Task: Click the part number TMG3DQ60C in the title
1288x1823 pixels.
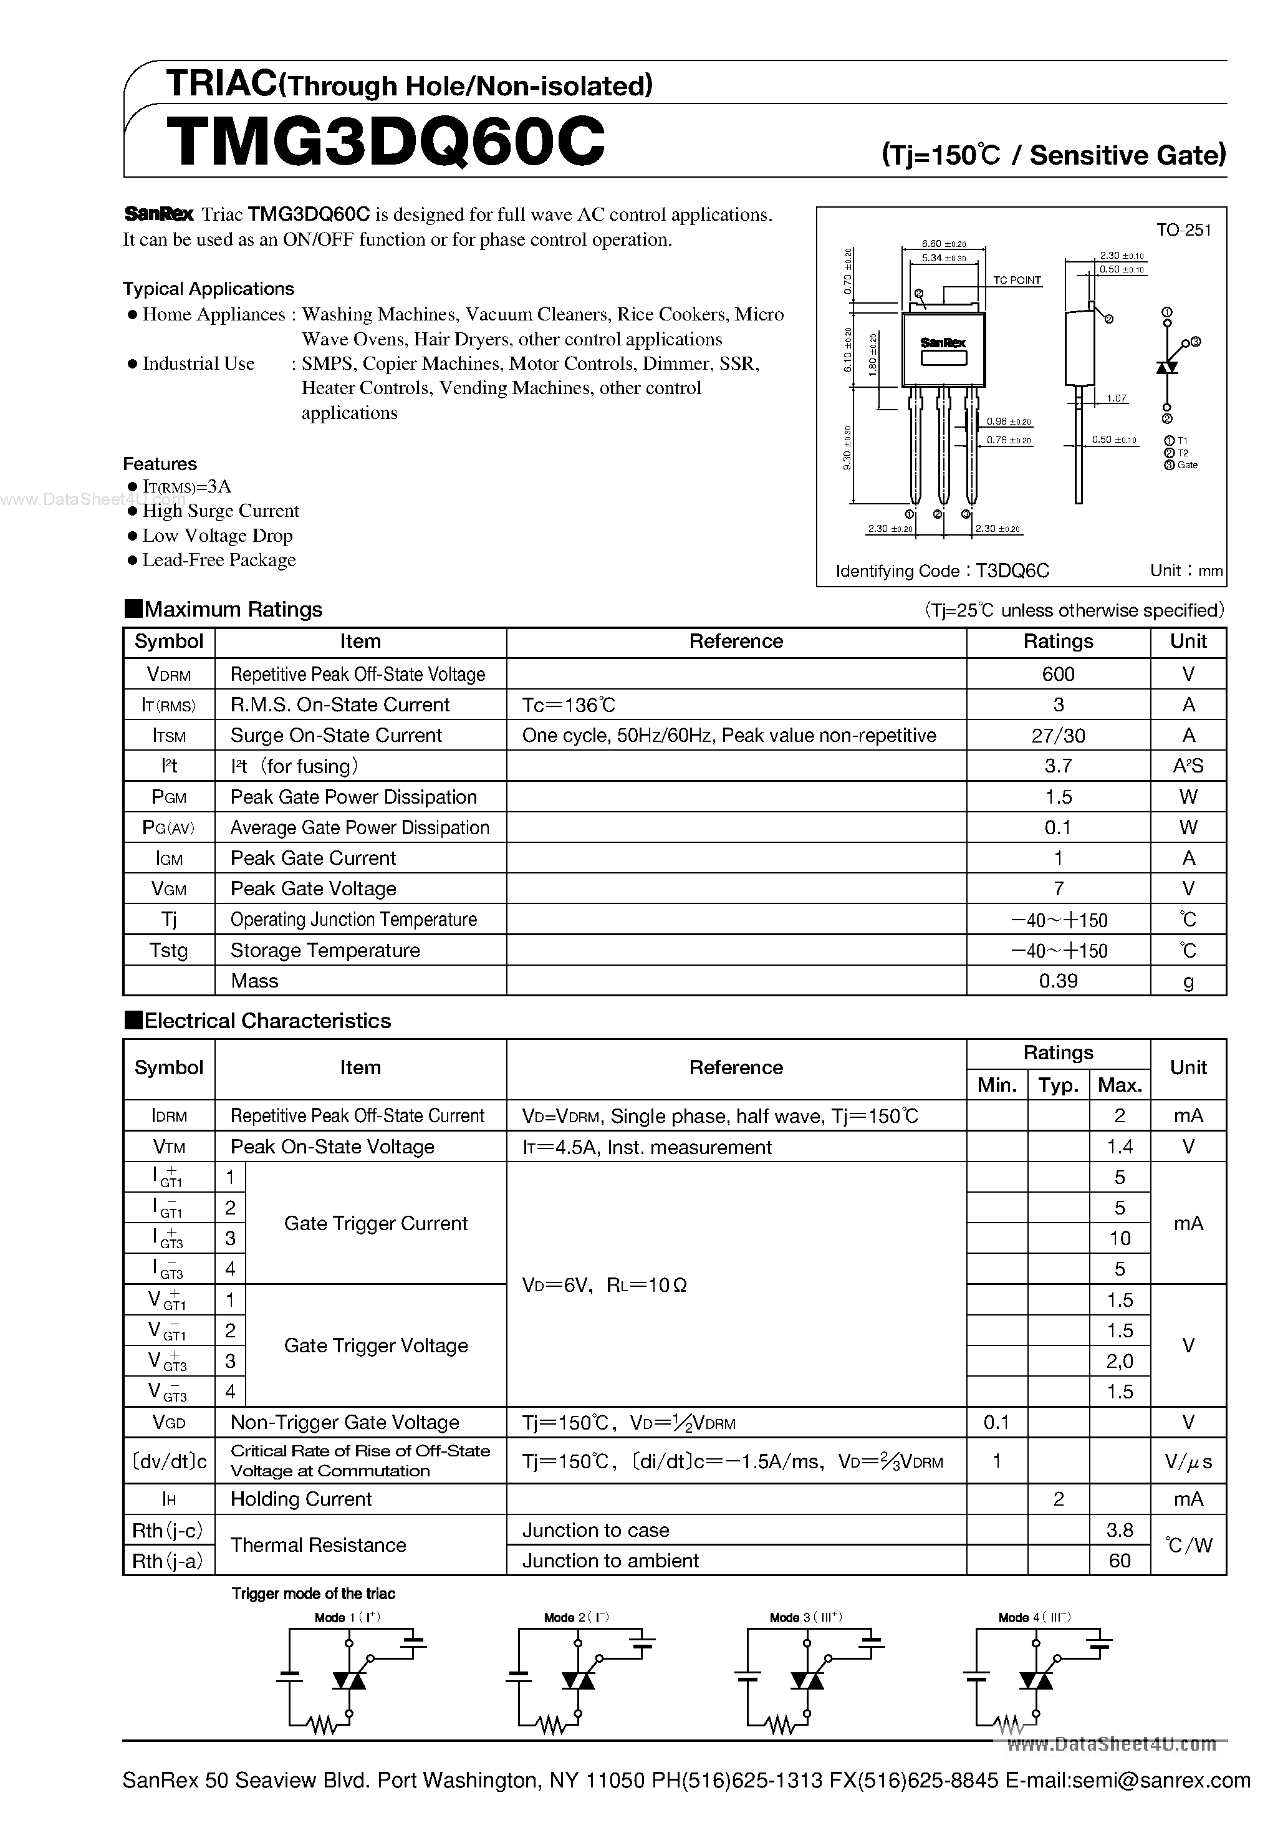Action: coord(386,142)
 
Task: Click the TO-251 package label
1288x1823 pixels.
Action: coord(1183,230)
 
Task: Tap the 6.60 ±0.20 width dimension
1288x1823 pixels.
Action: coord(943,244)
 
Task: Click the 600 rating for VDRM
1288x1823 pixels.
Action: coord(1058,674)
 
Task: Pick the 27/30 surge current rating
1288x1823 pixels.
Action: coord(1058,735)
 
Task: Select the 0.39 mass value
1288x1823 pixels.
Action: coord(1058,981)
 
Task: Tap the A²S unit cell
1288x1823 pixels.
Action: coord(1188,766)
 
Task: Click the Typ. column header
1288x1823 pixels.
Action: coord(1058,1085)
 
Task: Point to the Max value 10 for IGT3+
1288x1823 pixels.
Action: coord(1120,1238)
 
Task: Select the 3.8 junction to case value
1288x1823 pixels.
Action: coord(1120,1530)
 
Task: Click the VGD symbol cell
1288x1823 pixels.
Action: coord(168,1422)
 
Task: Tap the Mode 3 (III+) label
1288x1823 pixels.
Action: coord(805,1617)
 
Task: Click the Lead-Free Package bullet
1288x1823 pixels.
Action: coord(218,560)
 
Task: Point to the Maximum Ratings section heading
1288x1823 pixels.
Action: coord(233,609)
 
